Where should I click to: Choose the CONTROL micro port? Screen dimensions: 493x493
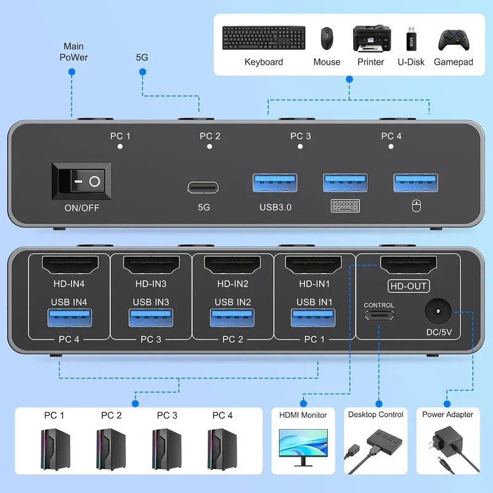(x=379, y=316)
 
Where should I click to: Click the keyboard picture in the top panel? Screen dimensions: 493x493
(x=263, y=39)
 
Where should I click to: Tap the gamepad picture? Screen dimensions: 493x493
(x=453, y=39)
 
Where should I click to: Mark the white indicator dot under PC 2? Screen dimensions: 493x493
(x=210, y=147)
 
